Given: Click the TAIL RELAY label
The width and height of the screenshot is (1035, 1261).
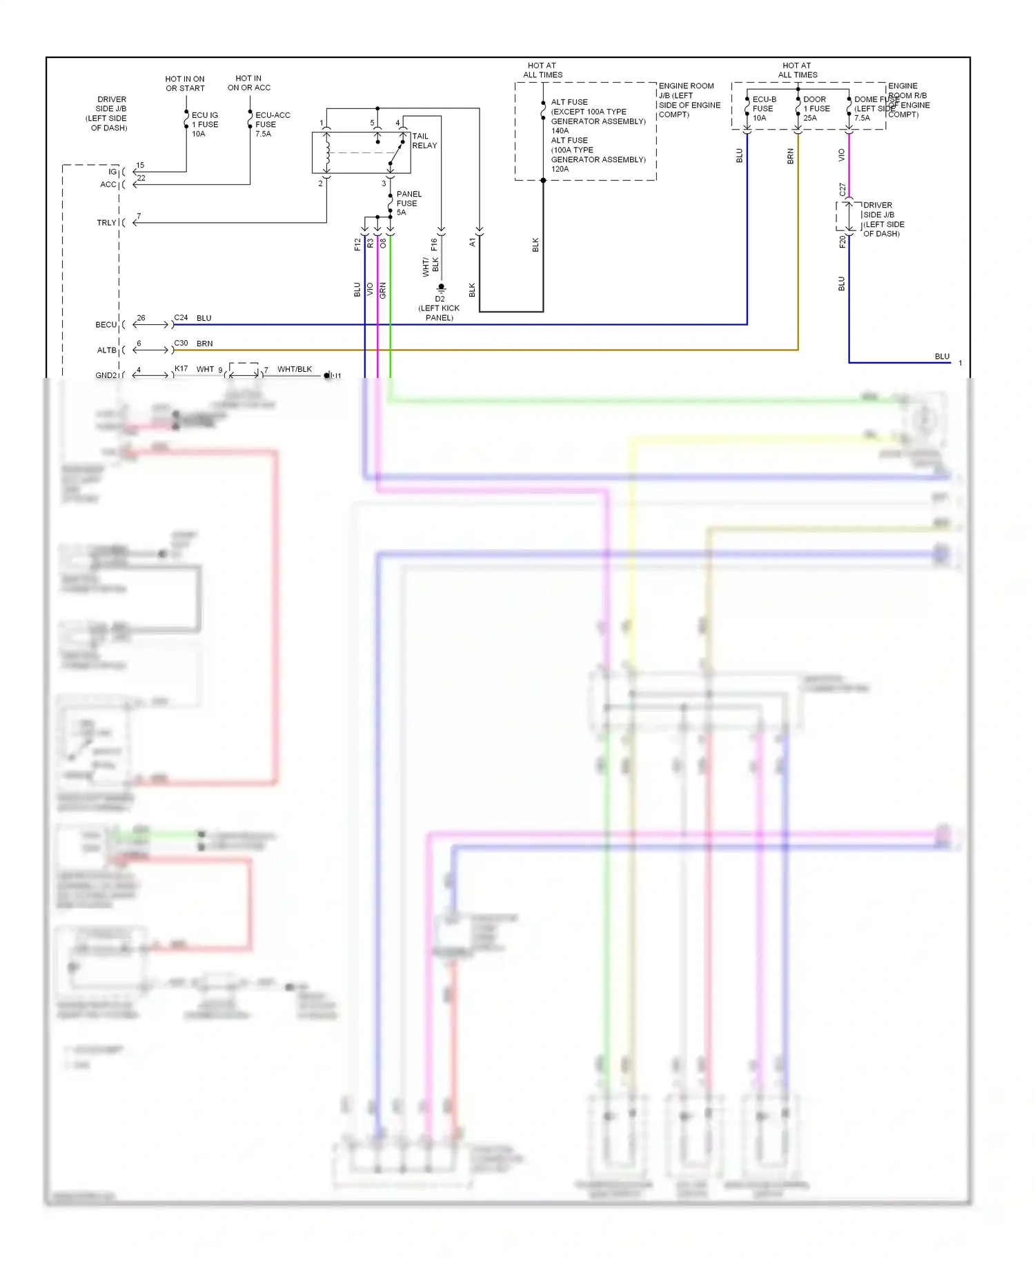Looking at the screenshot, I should click(x=424, y=141).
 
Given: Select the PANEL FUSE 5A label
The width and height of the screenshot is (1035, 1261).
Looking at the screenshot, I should click(x=408, y=203).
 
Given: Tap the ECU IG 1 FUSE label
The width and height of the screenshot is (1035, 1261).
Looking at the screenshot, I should click(x=204, y=124).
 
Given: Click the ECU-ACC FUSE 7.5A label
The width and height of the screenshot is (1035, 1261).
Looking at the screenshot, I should click(x=272, y=124).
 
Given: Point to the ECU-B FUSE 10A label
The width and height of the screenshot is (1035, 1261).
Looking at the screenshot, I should click(x=763, y=108).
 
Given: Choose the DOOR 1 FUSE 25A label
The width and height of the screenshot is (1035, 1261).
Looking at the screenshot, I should click(x=816, y=108).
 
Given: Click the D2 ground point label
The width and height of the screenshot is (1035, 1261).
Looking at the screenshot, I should click(x=440, y=299).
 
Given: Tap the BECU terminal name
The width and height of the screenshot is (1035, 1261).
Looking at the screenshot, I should click(x=106, y=325).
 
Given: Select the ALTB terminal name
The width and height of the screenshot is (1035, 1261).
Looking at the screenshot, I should click(x=106, y=350).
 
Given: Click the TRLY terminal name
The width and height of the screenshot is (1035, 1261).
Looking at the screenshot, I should click(x=106, y=223).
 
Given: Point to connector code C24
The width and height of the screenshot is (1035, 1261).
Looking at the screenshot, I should click(x=181, y=318).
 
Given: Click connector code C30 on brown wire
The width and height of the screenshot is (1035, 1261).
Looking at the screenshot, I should click(x=181, y=343).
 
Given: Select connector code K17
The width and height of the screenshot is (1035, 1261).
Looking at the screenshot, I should click(x=181, y=368).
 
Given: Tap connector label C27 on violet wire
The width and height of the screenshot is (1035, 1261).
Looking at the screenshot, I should click(x=842, y=189).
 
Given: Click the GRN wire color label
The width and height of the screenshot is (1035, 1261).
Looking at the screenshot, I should click(x=383, y=290).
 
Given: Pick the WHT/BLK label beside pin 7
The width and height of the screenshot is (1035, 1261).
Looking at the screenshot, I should click(x=295, y=369).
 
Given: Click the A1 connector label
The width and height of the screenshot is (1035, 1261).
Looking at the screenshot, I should click(x=473, y=242).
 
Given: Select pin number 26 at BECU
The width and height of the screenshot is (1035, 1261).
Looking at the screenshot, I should click(x=141, y=318).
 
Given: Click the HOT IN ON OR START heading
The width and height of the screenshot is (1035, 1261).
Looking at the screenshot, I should click(x=185, y=83).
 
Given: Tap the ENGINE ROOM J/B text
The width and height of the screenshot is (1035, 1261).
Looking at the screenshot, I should click(x=687, y=90).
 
